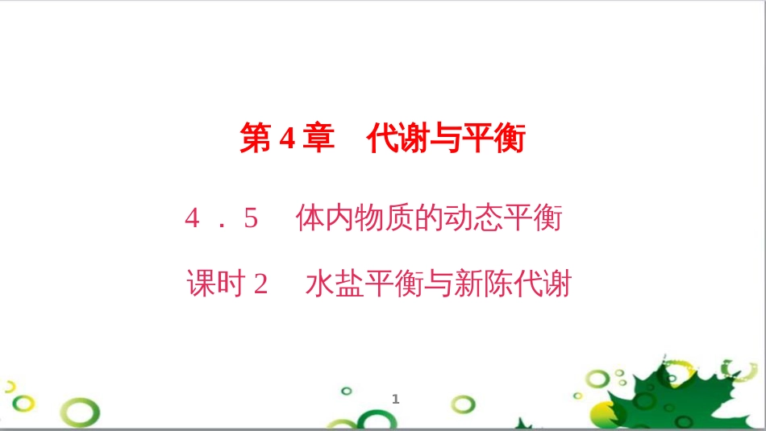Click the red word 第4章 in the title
click(287, 139)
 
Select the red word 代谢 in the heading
click(394, 139)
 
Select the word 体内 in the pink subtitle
click(323, 218)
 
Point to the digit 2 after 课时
click(260, 284)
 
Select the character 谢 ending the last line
click(558, 284)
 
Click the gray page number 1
click(396, 399)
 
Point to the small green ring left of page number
click(347, 391)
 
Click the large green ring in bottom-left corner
click(81, 413)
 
